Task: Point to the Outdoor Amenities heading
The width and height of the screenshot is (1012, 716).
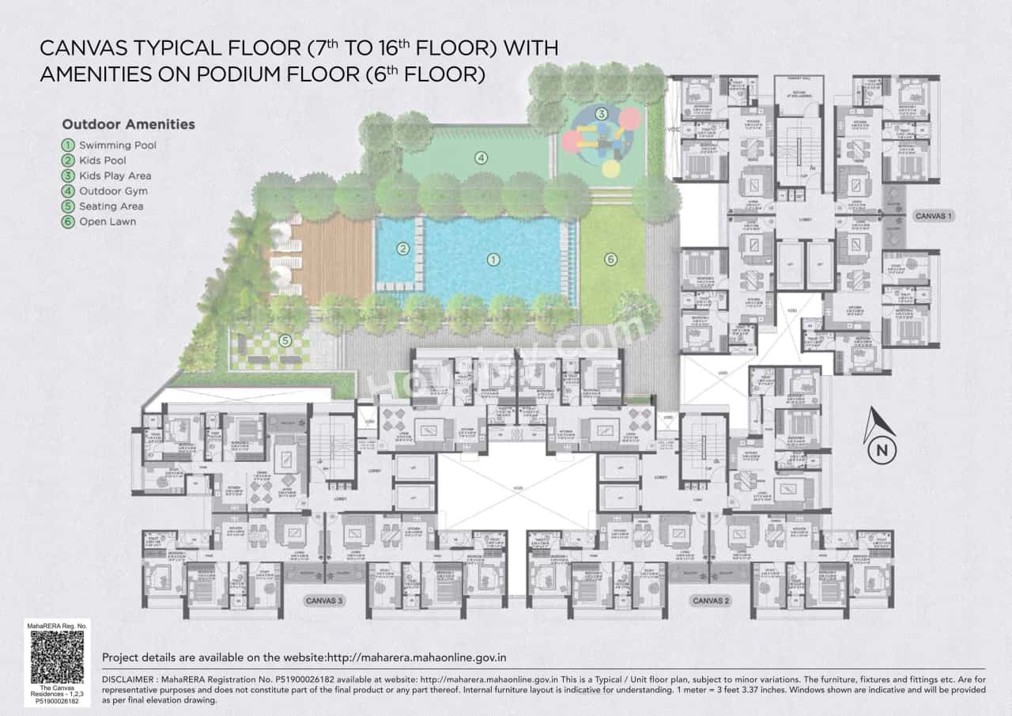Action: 128,124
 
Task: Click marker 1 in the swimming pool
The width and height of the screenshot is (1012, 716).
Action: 493,260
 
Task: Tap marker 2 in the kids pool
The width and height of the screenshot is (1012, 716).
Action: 402,249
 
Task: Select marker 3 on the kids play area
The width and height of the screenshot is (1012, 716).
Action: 601,115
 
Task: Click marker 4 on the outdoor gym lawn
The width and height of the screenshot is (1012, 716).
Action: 480,157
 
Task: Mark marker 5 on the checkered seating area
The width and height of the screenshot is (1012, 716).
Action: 285,342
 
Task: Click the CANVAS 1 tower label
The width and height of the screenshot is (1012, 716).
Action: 934,215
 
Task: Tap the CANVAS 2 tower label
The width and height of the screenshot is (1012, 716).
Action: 710,601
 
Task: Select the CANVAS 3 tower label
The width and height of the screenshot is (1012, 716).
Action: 324,601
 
